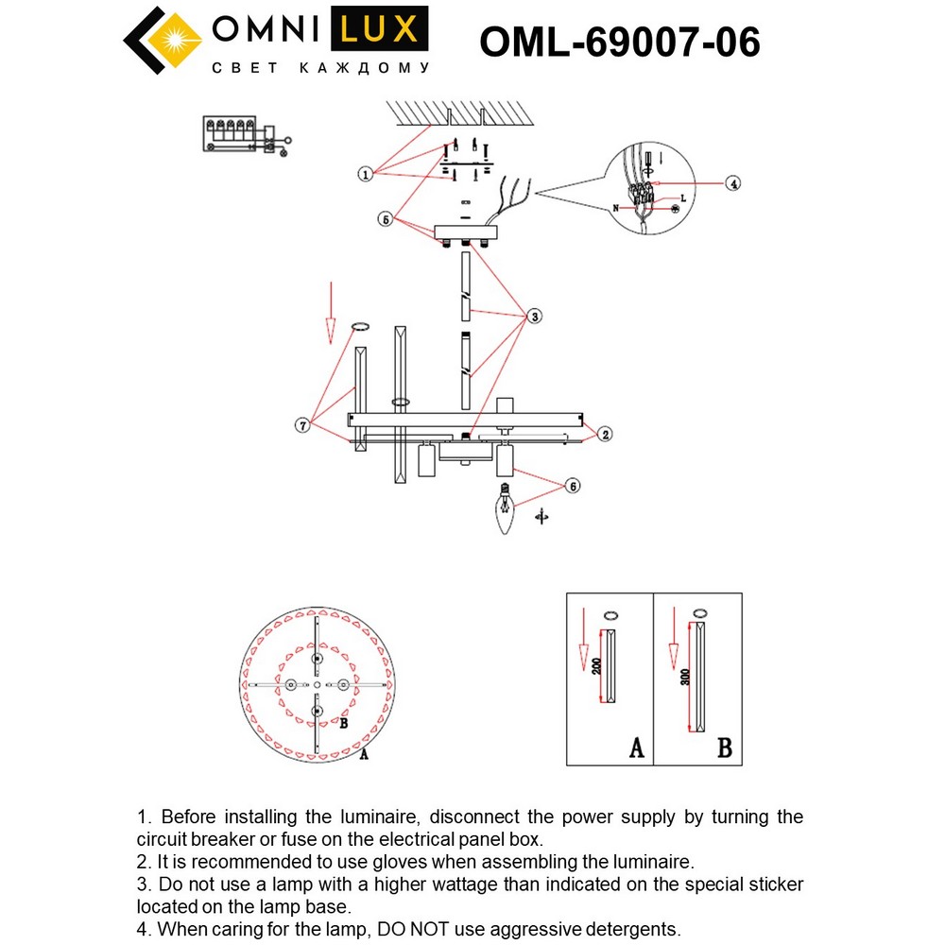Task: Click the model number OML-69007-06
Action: point(620,42)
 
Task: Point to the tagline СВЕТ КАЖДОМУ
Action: point(319,69)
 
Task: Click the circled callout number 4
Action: point(733,183)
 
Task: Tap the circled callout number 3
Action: point(535,317)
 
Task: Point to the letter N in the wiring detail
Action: point(616,207)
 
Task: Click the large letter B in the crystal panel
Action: point(724,748)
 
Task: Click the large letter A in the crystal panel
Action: point(636,748)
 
